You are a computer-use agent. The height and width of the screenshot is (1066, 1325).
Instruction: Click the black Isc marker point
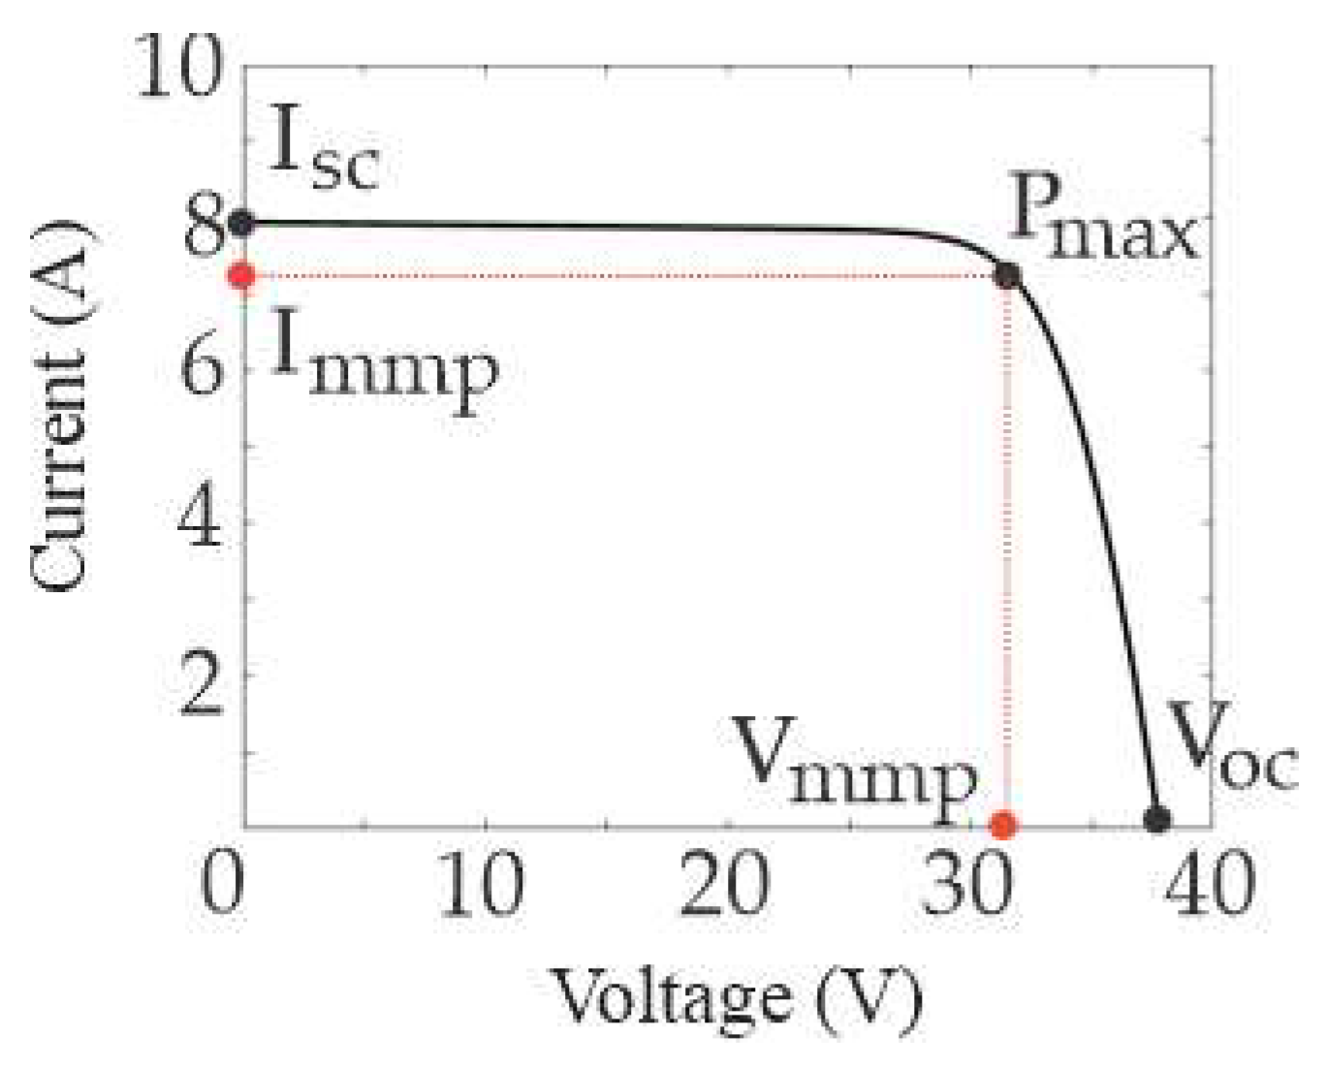(x=242, y=223)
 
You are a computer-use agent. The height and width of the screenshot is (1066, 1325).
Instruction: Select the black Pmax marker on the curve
(x=1008, y=276)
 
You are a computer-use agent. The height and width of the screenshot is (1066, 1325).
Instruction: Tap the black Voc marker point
(x=1156, y=819)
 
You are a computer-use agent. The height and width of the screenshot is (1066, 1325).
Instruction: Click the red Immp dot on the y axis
(x=241, y=276)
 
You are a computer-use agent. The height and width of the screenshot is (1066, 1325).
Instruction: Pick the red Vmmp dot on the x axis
(x=1003, y=825)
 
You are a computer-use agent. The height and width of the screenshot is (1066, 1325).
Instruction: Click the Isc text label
(x=323, y=150)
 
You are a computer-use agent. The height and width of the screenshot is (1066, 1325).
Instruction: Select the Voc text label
(x=1231, y=746)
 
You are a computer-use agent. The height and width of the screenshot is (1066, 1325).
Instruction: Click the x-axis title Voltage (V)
(x=737, y=998)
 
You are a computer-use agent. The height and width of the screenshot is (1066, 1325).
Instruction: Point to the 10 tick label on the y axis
(x=180, y=68)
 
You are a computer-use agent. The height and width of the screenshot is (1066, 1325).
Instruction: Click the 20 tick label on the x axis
(x=725, y=885)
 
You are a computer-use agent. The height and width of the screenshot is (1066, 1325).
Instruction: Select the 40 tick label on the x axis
(x=1210, y=885)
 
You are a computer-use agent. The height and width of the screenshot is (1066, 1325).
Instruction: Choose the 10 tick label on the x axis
(x=482, y=885)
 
